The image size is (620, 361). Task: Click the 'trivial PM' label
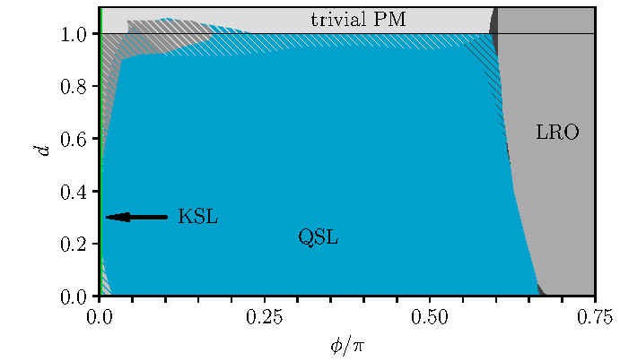(358, 19)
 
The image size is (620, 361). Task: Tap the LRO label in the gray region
(557, 133)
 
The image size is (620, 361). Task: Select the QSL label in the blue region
(318, 237)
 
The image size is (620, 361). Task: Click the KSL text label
(198, 217)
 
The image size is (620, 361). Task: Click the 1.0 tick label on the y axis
(74, 34)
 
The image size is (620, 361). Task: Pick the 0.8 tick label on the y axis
(74, 87)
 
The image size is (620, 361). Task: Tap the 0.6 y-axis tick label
(74, 139)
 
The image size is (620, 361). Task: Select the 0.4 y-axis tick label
(74, 192)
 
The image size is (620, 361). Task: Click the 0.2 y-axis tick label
(74, 244)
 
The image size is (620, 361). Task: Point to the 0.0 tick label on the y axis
(74, 297)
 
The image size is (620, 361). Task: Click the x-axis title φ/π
(346, 344)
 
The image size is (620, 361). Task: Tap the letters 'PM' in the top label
(390, 19)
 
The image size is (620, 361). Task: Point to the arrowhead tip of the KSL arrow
(107, 217)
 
